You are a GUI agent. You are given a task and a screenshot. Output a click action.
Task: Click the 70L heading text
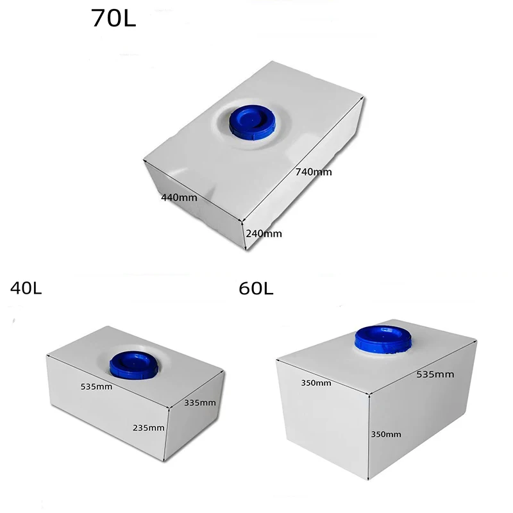[114, 18]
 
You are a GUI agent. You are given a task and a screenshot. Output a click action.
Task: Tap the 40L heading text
[26, 289]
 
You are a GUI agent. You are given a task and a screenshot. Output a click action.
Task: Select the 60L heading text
[256, 289]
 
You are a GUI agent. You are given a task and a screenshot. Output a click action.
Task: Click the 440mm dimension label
[179, 198]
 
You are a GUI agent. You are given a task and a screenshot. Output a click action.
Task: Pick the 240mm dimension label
[264, 234]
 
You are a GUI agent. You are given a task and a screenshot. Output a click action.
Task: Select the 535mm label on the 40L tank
[97, 387]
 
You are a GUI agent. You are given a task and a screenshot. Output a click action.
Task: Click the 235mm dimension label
[148, 428]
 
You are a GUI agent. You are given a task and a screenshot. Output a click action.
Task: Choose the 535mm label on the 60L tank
[435, 374]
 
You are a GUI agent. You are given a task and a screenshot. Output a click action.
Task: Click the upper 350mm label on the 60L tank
[316, 383]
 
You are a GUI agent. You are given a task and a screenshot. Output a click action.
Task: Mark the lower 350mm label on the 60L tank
[385, 434]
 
